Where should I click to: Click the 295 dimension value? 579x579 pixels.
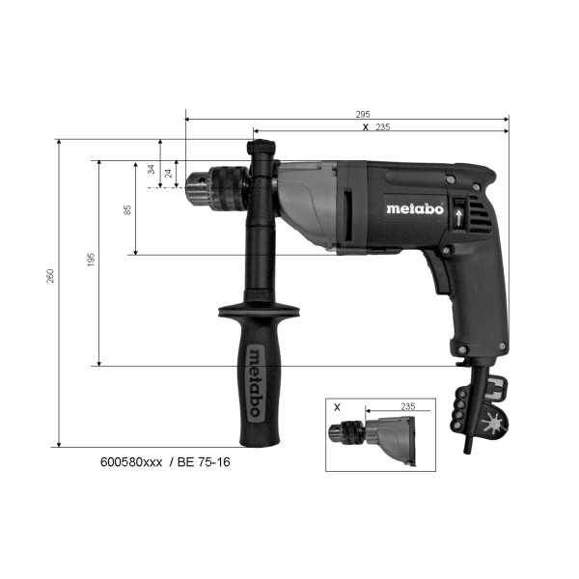pyautogui.click(x=362, y=114)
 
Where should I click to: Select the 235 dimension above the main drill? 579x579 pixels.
pyautogui.click(x=383, y=126)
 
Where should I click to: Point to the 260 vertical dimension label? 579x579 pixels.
pyautogui.click(x=51, y=276)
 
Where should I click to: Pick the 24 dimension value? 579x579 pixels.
pyautogui.click(x=169, y=174)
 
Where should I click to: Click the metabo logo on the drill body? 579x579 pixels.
pyautogui.click(x=415, y=207)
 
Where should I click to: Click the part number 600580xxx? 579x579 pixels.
pyautogui.click(x=132, y=462)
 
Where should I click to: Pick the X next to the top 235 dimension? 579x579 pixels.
pyautogui.click(x=364, y=126)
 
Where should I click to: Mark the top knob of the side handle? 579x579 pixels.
pyautogui.click(x=262, y=150)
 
